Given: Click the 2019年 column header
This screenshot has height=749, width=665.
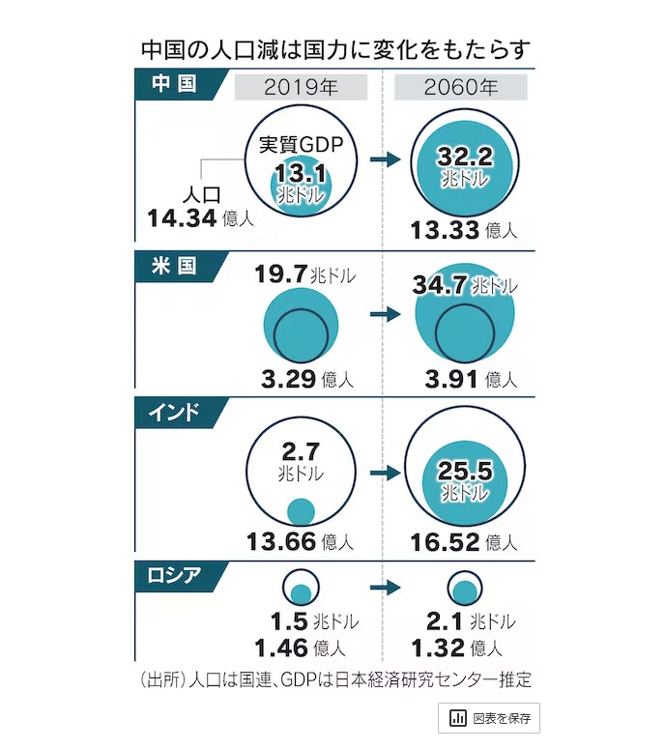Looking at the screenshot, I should [x=301, y=87].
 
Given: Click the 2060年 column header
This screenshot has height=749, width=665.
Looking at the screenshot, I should [x=461, y=87].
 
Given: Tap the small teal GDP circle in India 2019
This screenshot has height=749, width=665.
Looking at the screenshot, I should [x=302, y=510].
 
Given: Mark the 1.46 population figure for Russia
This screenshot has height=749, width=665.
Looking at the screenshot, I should [x=282, y=646].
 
